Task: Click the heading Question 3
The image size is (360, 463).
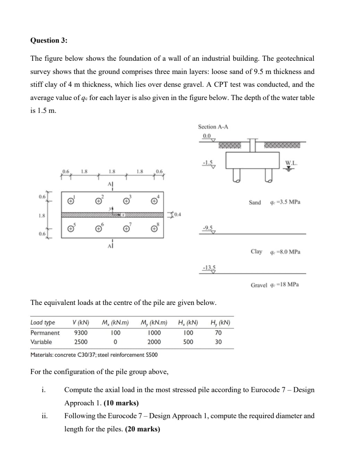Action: coord(49,40)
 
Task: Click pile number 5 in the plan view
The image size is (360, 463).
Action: coord(70,229)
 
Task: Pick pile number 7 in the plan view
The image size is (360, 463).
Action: coord(127,229)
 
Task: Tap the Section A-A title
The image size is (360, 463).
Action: coord(213,127)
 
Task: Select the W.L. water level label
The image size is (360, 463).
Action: coord(291,163)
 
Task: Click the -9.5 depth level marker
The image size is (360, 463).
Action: coord(207,228)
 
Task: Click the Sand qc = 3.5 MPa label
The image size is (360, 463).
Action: coord(274,202)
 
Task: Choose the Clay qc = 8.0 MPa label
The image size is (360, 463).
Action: coord(275,251)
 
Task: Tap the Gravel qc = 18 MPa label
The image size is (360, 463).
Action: coord(275,285)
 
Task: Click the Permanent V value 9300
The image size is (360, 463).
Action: coord(81,333)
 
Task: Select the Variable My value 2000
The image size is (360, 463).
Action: coord(154,342)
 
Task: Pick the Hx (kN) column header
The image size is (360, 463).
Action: coord(188,323)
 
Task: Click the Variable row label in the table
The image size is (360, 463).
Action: coord(41,342)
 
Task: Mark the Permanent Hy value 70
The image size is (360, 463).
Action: coord(218,333)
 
